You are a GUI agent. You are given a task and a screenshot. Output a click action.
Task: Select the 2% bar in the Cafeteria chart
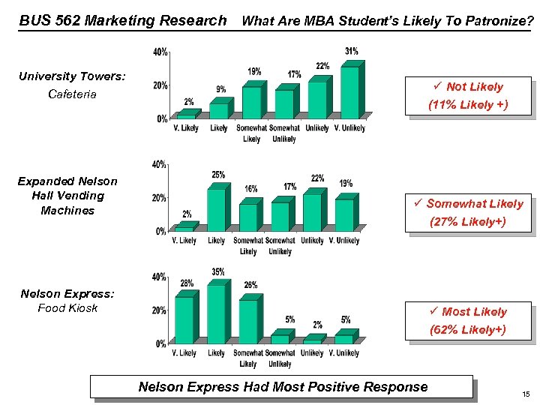186,115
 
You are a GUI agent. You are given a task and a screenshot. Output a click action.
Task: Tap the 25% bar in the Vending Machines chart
215,209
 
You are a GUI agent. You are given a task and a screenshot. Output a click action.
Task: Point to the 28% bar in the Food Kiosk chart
184,319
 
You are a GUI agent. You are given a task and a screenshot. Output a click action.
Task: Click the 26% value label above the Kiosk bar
250,285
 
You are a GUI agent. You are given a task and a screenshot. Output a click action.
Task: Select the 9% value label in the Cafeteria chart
220,90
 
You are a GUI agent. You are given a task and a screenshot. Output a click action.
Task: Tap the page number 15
526,393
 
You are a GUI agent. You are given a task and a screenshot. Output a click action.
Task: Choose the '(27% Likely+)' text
468,222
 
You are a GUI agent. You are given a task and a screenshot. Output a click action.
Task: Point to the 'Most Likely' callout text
474,312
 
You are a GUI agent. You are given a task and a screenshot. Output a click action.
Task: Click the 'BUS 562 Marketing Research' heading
123,21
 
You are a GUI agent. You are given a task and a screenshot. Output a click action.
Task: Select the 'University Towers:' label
72,76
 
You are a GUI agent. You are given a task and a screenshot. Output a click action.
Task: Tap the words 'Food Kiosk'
67,308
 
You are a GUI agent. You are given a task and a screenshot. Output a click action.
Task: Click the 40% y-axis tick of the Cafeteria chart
160,52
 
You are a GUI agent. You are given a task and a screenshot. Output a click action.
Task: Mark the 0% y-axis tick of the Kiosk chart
160,344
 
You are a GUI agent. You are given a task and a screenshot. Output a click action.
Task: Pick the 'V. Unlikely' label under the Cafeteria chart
349,128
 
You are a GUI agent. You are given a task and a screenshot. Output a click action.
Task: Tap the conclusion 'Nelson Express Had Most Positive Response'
283,387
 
